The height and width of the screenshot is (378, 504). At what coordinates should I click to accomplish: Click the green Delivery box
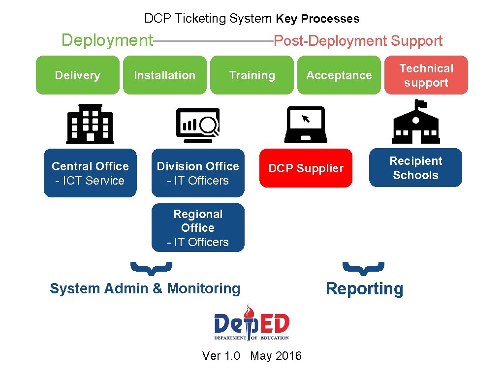(77, 75)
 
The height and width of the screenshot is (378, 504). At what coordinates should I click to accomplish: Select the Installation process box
(164, 75)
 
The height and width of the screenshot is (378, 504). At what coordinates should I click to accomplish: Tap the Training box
(252, 75)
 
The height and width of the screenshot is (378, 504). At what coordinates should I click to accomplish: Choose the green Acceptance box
(339, 75)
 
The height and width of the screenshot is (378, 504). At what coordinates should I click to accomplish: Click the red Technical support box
(426, 75)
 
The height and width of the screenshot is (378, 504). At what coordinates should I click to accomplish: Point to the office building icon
(90, 124)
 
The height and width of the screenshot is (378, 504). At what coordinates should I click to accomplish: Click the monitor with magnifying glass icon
(198, 125)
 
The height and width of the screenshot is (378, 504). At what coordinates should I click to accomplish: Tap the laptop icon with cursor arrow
(306, 125)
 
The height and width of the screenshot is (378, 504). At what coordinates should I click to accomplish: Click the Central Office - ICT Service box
(90, 173)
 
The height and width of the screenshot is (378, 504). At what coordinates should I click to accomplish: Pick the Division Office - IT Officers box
(198, 173)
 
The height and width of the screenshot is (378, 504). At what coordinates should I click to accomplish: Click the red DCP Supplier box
(306, 168)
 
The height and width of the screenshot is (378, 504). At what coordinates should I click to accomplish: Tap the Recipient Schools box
(415, 168)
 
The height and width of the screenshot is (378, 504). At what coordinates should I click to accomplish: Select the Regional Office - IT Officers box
(198, 227)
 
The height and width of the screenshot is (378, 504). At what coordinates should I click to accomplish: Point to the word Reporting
(364, 288)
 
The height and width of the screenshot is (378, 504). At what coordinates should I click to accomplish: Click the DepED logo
(252, 323)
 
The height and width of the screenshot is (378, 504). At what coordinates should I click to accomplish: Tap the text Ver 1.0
(220, 355)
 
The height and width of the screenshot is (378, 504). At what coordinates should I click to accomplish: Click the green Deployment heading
(107, 40)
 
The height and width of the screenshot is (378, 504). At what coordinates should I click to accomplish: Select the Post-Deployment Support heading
(358, 40)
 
